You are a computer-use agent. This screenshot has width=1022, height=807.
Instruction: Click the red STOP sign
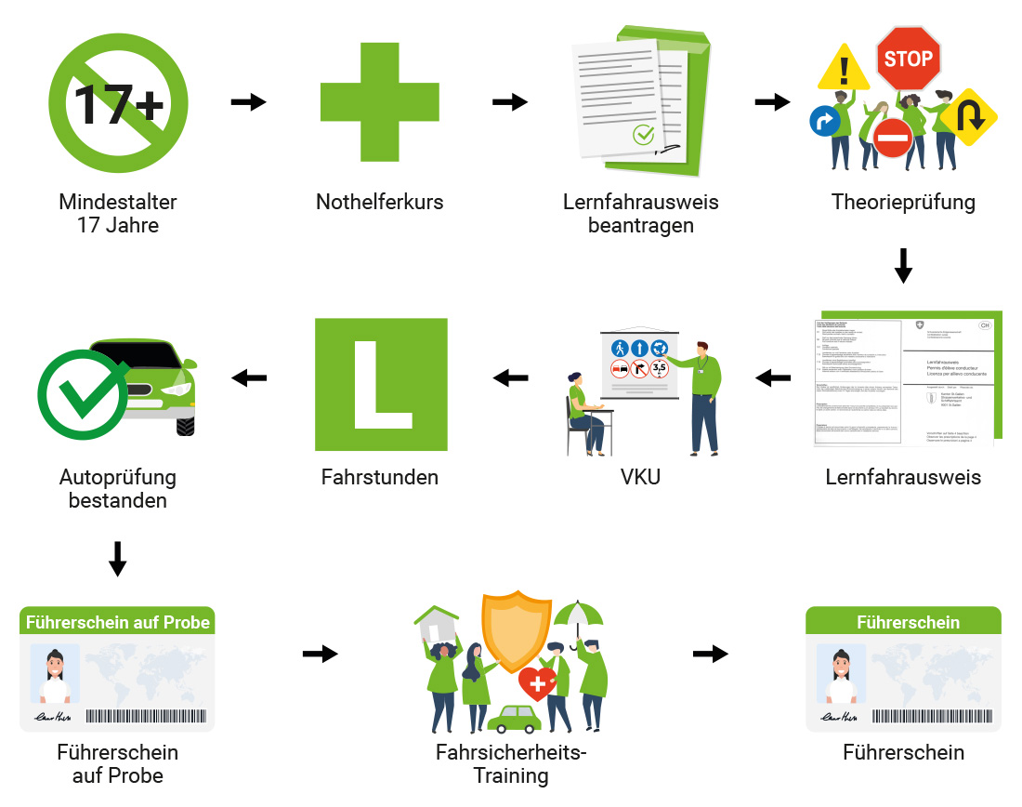[908, 59]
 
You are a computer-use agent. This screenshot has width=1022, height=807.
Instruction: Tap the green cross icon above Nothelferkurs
[380, 102]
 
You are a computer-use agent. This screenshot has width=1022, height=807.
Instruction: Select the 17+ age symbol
[118, 102]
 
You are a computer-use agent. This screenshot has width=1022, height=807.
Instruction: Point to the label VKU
[641, 478]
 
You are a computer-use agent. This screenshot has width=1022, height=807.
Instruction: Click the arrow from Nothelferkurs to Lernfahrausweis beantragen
[509, 101]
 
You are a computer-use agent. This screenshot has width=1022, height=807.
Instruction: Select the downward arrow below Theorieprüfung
[903, 265]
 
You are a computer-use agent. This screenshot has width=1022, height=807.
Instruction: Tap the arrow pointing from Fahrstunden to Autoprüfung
[249, 377]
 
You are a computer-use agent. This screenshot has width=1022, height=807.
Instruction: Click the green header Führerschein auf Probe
[118, 621]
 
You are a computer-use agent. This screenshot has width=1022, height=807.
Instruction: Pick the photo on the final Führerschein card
[841, 674]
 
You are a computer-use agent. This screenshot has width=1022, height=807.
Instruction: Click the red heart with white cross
[537, 684]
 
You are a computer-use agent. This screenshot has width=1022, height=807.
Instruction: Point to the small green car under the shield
[514, 719]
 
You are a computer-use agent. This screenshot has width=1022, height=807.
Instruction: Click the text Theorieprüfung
[903, 202]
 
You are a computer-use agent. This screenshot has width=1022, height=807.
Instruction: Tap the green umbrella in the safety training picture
[578, 615]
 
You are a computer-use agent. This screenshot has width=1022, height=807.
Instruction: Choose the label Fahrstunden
[379, 478]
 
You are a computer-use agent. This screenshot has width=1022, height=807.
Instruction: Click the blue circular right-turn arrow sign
[824, 120]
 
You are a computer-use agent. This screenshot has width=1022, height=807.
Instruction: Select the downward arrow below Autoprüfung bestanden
[118, 558]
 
